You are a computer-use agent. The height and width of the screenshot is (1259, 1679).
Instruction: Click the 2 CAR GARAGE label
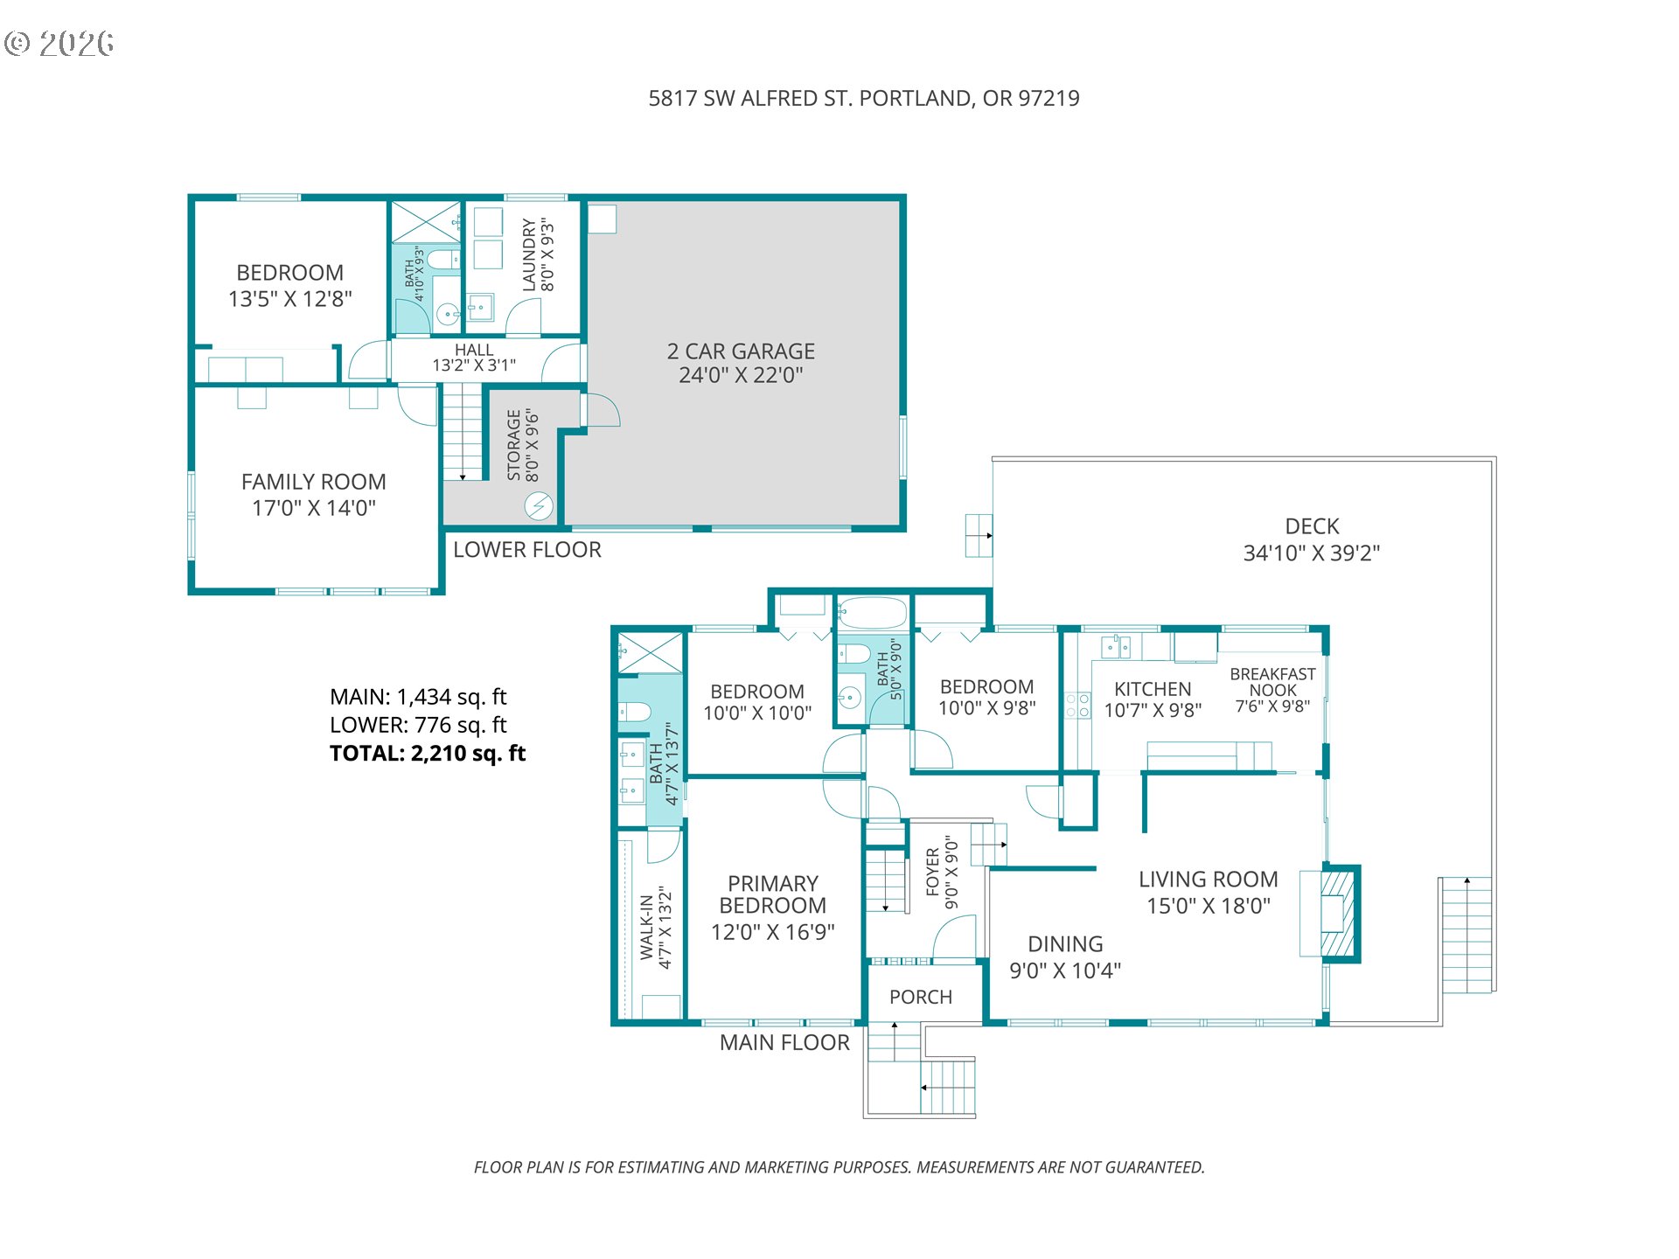[x=741, y=351]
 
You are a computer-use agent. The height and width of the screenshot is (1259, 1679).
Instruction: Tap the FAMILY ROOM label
[x=314, y=482]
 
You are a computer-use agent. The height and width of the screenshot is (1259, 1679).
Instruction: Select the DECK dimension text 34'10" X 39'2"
[x=1312, y=553]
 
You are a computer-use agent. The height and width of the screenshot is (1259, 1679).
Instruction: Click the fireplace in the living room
[x=1339, y=914]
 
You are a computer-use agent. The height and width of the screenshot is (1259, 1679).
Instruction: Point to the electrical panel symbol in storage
[x=539, y=506]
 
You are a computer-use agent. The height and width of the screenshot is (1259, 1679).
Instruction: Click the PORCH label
[x=921, y=997]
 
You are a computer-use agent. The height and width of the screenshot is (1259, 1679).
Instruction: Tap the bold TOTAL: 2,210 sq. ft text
[x=428, y=754]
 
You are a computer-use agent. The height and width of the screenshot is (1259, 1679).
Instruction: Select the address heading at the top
[x=864, y=98]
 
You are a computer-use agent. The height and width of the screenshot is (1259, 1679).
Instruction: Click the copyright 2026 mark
[x=59, y=43]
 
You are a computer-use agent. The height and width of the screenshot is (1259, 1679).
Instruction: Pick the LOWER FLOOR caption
[x=527, y=550]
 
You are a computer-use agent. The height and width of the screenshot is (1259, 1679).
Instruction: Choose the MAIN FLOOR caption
[x=784, y=1043]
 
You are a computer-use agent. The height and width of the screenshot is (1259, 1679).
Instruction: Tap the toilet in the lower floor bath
[x=443, y=259]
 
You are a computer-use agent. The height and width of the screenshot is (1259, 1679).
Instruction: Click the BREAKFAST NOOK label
[x=1272, y=682]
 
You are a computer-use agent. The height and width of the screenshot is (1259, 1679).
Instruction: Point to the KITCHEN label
[x=1153, y=689]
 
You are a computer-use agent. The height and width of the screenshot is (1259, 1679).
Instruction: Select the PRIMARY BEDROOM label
[x=773, y=894]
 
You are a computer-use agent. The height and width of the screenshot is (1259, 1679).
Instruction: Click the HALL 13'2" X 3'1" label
[x=474, y=358]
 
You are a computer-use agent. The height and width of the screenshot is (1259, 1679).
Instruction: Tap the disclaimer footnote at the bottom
[x=839, y=1167]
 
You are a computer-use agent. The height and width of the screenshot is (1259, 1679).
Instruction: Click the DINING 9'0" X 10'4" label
[x=1065, y=957]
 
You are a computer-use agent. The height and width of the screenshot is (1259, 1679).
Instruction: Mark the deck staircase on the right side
[x=1467, y=935]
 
